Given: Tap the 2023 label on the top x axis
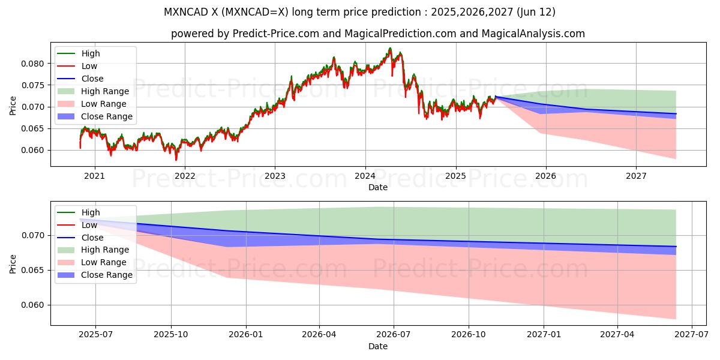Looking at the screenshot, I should (x=275, y=176).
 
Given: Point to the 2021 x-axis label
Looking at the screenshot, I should (x=94, y=176).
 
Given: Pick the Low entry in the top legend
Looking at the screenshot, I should (x=89, y=66).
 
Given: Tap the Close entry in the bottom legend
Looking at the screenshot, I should (x=92, y=238).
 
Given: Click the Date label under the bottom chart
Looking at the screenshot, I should (x=378, y=346).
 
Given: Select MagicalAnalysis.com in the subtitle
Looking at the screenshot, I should (x=533, y=34).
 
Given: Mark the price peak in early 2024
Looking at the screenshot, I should (x=390, y=49).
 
